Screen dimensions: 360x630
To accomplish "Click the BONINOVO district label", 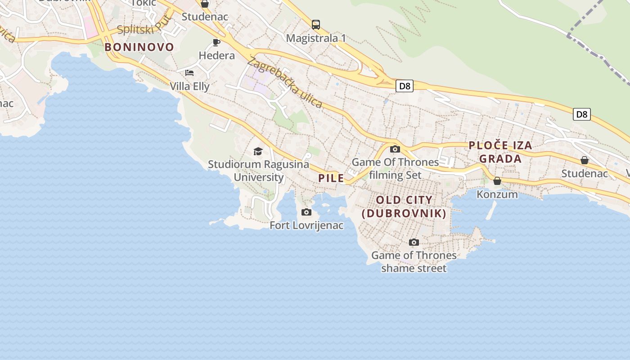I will point(139,47).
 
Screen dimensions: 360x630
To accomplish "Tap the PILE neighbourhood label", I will point(331,178).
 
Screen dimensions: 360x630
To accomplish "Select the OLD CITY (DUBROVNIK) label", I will point(404,207).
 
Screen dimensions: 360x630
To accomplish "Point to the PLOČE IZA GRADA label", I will point(500,152).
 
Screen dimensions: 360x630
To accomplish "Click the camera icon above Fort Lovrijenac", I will point(306,212).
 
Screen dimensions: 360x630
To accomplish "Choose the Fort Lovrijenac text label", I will point(306,225).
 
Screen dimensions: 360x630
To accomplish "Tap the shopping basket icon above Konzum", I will point(497,181).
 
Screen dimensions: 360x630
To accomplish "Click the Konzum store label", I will point(497,194).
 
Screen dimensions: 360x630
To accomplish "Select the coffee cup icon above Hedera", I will point(216,42).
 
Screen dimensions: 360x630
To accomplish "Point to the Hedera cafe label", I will point(217,56).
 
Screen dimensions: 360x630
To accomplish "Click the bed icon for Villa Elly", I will point(189,72).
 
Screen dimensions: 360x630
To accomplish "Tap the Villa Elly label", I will point(189,86).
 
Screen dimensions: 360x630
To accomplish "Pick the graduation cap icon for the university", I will point(258,151).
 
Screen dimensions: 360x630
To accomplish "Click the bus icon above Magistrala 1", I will point(316,24).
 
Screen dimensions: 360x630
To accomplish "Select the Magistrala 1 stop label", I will point(316,38).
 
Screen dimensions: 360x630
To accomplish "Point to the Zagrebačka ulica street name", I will point(285,83).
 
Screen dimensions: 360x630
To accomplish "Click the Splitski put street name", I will point(144,26).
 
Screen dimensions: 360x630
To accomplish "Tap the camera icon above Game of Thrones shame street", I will point(414,242).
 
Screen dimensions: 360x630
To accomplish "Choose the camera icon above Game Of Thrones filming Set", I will point(395,149).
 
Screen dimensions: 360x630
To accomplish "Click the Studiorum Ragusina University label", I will point(258,171).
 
